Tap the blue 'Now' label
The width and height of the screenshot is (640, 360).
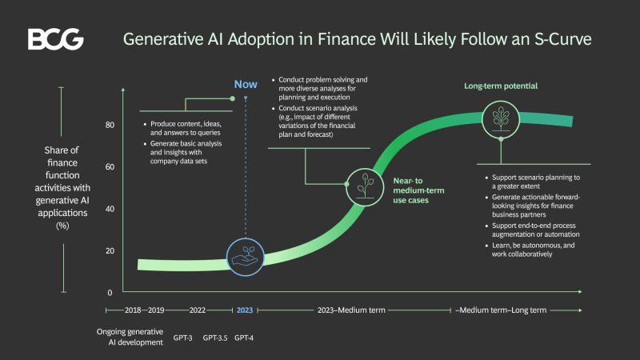pos(245,84)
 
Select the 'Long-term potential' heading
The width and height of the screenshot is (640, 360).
pos(501,86)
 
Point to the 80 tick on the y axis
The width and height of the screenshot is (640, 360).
pos(109,126)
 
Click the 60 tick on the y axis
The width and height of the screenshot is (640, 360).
pos(109,167)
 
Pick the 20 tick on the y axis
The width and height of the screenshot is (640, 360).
pos(109,250)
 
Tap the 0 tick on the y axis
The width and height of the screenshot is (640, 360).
pos(110,292)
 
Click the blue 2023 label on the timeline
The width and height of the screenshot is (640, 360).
pos(245,310)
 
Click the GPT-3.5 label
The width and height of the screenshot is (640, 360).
pos(214,338)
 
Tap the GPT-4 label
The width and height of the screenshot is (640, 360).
pos(245,338)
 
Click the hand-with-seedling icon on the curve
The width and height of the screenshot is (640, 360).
pos(245,257)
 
